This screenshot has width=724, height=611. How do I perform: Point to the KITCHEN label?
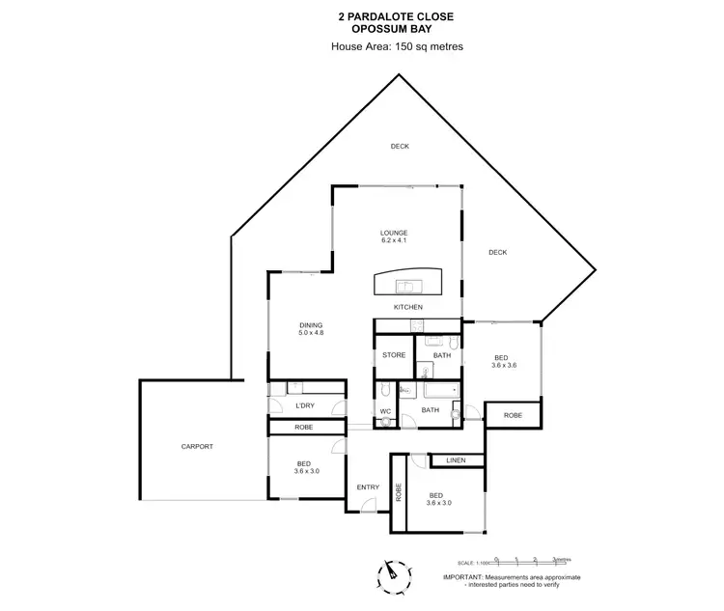click(x=408, y=307)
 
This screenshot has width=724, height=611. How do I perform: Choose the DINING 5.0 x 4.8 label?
click(x=310, y=329)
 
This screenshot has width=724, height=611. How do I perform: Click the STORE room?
click(x=394, y=355)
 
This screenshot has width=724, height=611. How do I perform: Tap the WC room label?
click(x=384, y=411)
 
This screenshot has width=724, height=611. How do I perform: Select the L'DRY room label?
click(x=306, y=405)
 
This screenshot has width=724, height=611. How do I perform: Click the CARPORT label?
click(x=197, y=447)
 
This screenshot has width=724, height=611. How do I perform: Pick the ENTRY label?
click(x=368, y=487)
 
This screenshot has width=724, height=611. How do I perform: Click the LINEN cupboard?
click(x=456, y=461)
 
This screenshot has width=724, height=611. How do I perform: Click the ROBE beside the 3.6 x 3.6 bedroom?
click(x=513, y=414)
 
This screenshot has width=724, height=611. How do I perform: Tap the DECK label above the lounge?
click(x=400, y=147)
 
